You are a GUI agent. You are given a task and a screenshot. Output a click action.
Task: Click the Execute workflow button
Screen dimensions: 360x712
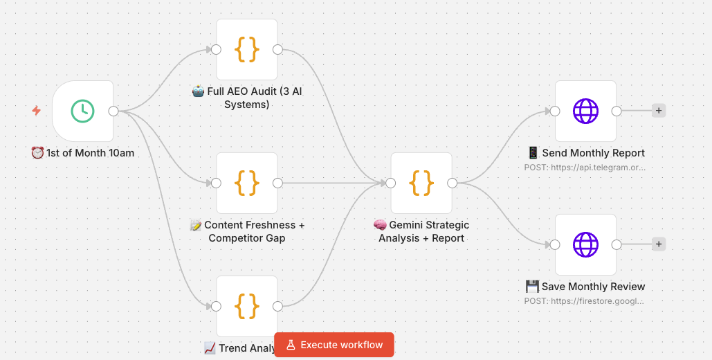[334, 345]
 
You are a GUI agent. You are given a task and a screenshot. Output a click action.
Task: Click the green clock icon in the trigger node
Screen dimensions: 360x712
[82, 111]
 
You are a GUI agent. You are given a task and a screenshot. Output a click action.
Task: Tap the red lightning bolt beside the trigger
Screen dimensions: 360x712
[37, 111]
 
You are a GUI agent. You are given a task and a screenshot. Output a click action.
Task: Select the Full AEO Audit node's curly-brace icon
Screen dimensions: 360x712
[247, 49]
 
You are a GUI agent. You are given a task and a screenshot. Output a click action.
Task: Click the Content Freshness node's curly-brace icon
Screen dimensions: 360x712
[247, 183]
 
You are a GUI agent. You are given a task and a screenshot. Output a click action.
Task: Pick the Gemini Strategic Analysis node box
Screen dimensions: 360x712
[421, 183]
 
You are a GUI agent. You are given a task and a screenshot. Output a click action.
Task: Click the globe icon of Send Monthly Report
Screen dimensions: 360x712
[585, 111]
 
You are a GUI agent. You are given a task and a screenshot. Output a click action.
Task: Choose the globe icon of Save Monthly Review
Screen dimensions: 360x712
[585, 244]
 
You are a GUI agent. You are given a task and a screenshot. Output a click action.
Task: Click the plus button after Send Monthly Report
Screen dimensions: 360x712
[659, 111]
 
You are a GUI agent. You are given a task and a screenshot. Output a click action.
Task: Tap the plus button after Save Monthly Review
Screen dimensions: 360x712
[659, 244]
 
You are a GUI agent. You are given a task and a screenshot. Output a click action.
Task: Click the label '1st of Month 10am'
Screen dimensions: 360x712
[83, 152]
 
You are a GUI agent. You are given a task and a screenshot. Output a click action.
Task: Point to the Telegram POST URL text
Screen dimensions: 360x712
[585, 167]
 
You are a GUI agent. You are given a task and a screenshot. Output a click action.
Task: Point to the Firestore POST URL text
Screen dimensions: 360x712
[585, 300]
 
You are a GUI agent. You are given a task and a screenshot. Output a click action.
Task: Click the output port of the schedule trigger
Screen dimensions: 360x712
[113, 111]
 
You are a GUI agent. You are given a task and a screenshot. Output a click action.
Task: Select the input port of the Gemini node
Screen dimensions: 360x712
[391, 183]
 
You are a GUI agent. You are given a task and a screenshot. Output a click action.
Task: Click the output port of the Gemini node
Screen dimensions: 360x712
[452, 183]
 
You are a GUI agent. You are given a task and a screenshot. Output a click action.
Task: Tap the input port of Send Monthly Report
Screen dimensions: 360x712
[555, 111]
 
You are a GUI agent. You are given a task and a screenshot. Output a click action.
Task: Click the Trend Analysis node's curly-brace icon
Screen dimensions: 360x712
[247, 305]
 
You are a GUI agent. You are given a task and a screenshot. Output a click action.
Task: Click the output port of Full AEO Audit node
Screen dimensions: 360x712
[277, 49]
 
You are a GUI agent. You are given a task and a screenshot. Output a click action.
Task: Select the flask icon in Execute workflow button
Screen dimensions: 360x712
[291, 345]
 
